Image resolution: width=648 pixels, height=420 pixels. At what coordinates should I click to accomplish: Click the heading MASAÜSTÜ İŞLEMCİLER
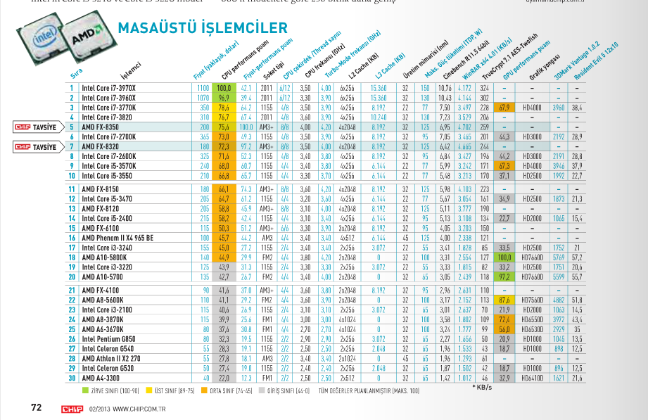[203, 28]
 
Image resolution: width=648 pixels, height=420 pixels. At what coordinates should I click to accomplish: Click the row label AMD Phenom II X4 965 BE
[117, 238]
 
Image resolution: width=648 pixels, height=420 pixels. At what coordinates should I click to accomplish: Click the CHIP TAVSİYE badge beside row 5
[36, 127]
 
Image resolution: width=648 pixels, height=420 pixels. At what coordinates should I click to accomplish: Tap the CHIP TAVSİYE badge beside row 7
[36, 147]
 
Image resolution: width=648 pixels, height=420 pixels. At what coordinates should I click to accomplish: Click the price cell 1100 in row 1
[202, 88]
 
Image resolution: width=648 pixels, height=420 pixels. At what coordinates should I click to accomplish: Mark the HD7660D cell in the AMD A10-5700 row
[532, 278]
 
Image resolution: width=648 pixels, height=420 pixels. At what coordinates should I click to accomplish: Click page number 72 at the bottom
[37, 407]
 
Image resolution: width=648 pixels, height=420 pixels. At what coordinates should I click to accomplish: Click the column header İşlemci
[132, 70]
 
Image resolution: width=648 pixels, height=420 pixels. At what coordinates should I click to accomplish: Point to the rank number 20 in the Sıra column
[71, 278]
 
